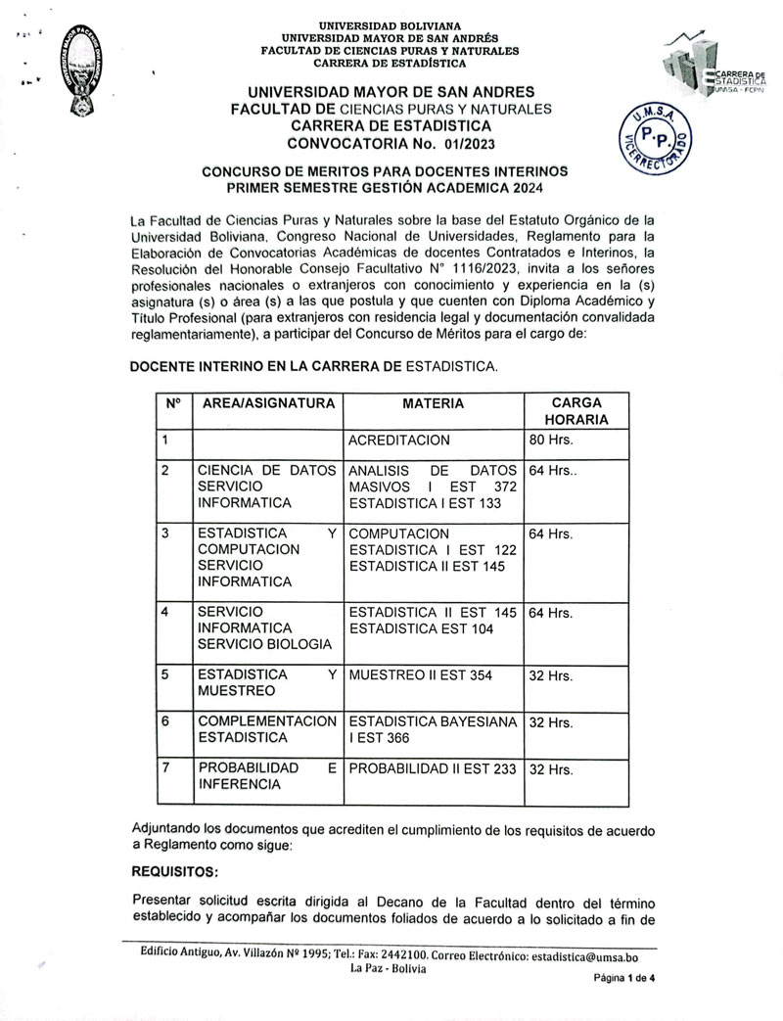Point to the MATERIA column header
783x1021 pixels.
(433, 403)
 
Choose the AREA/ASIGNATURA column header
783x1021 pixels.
(266, 403)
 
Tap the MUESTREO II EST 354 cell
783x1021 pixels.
(420, 674)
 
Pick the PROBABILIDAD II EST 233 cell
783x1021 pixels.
(432, 768)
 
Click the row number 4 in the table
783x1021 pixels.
(165, 612)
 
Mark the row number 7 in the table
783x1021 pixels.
(165, 768)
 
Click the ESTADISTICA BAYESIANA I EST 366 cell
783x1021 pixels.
(432, 729)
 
